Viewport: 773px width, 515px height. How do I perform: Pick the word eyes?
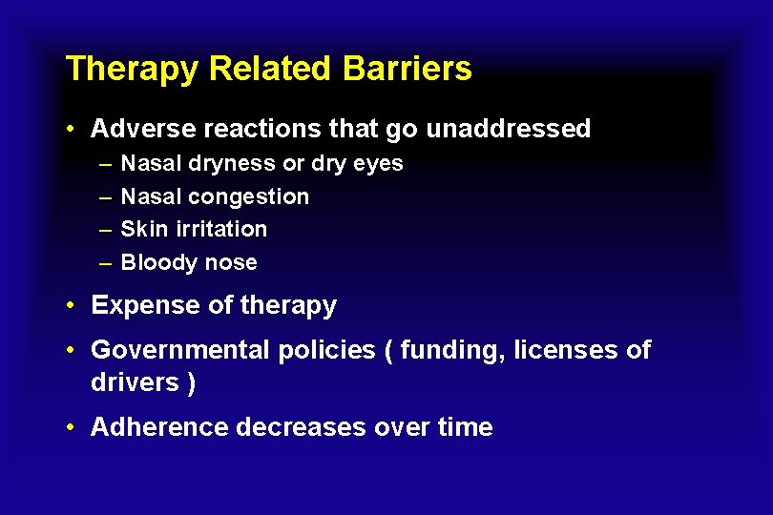[x=379, y=164]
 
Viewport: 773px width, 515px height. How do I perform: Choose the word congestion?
[x=249, y=197]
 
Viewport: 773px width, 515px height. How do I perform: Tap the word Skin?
[x=141, y=230]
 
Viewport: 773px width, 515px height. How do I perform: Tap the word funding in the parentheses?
[x=452, y=351]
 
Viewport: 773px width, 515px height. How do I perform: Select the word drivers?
[x=134, y=382]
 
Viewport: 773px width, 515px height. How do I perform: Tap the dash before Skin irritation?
[x=103, y=230]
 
